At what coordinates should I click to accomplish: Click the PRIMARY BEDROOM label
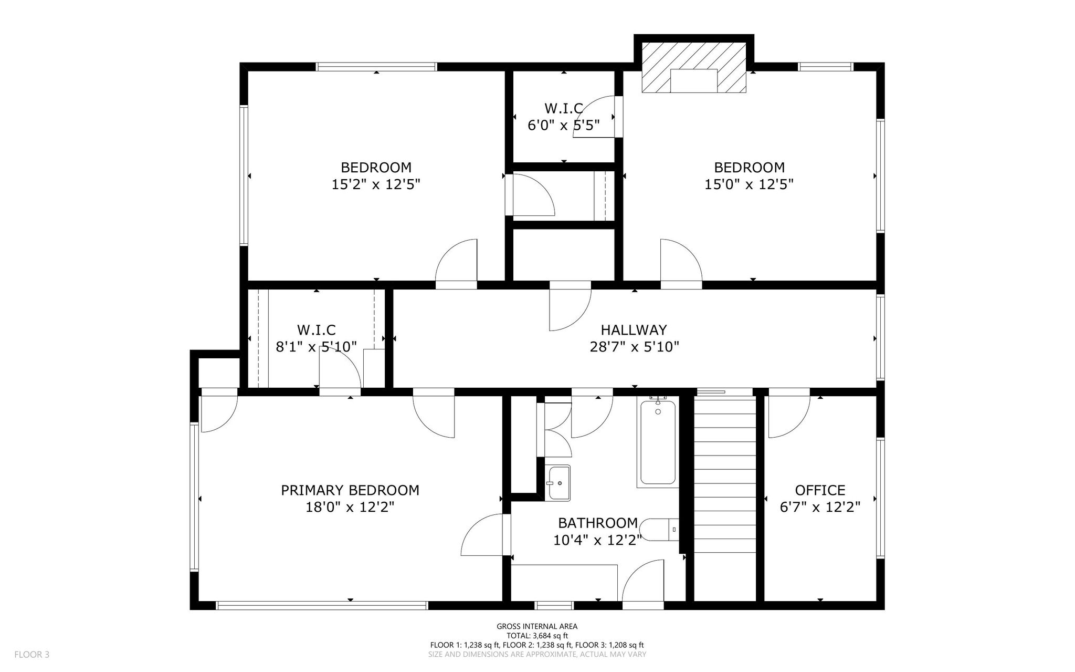[x=350, y=490]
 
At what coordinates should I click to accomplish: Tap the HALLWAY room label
[x=634, y=330]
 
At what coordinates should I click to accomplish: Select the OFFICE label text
[x=820, y=490]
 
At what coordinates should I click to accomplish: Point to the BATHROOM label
[x=598, y=523]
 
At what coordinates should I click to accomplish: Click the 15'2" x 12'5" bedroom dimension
[x=376, y=184]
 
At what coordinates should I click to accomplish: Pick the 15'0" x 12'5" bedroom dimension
[x=749, y=184]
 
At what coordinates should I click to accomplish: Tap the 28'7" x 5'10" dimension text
[x=635, y=347]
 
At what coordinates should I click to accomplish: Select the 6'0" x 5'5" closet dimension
[x=564, y=125]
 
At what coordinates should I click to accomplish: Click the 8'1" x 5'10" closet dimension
[x=317, y=347]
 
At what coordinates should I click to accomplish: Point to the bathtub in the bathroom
[x=658, y=442]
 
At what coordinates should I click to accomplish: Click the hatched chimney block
[x=694, y=68]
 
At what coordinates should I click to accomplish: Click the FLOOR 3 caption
[x=31, y=655]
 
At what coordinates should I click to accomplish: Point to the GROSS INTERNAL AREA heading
[x=537, y=626]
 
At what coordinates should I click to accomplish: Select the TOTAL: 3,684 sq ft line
[x=537, y=636]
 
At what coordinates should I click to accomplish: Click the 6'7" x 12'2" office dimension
[x=820, y=507]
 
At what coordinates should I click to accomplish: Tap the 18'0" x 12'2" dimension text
[x=350, y=507]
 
